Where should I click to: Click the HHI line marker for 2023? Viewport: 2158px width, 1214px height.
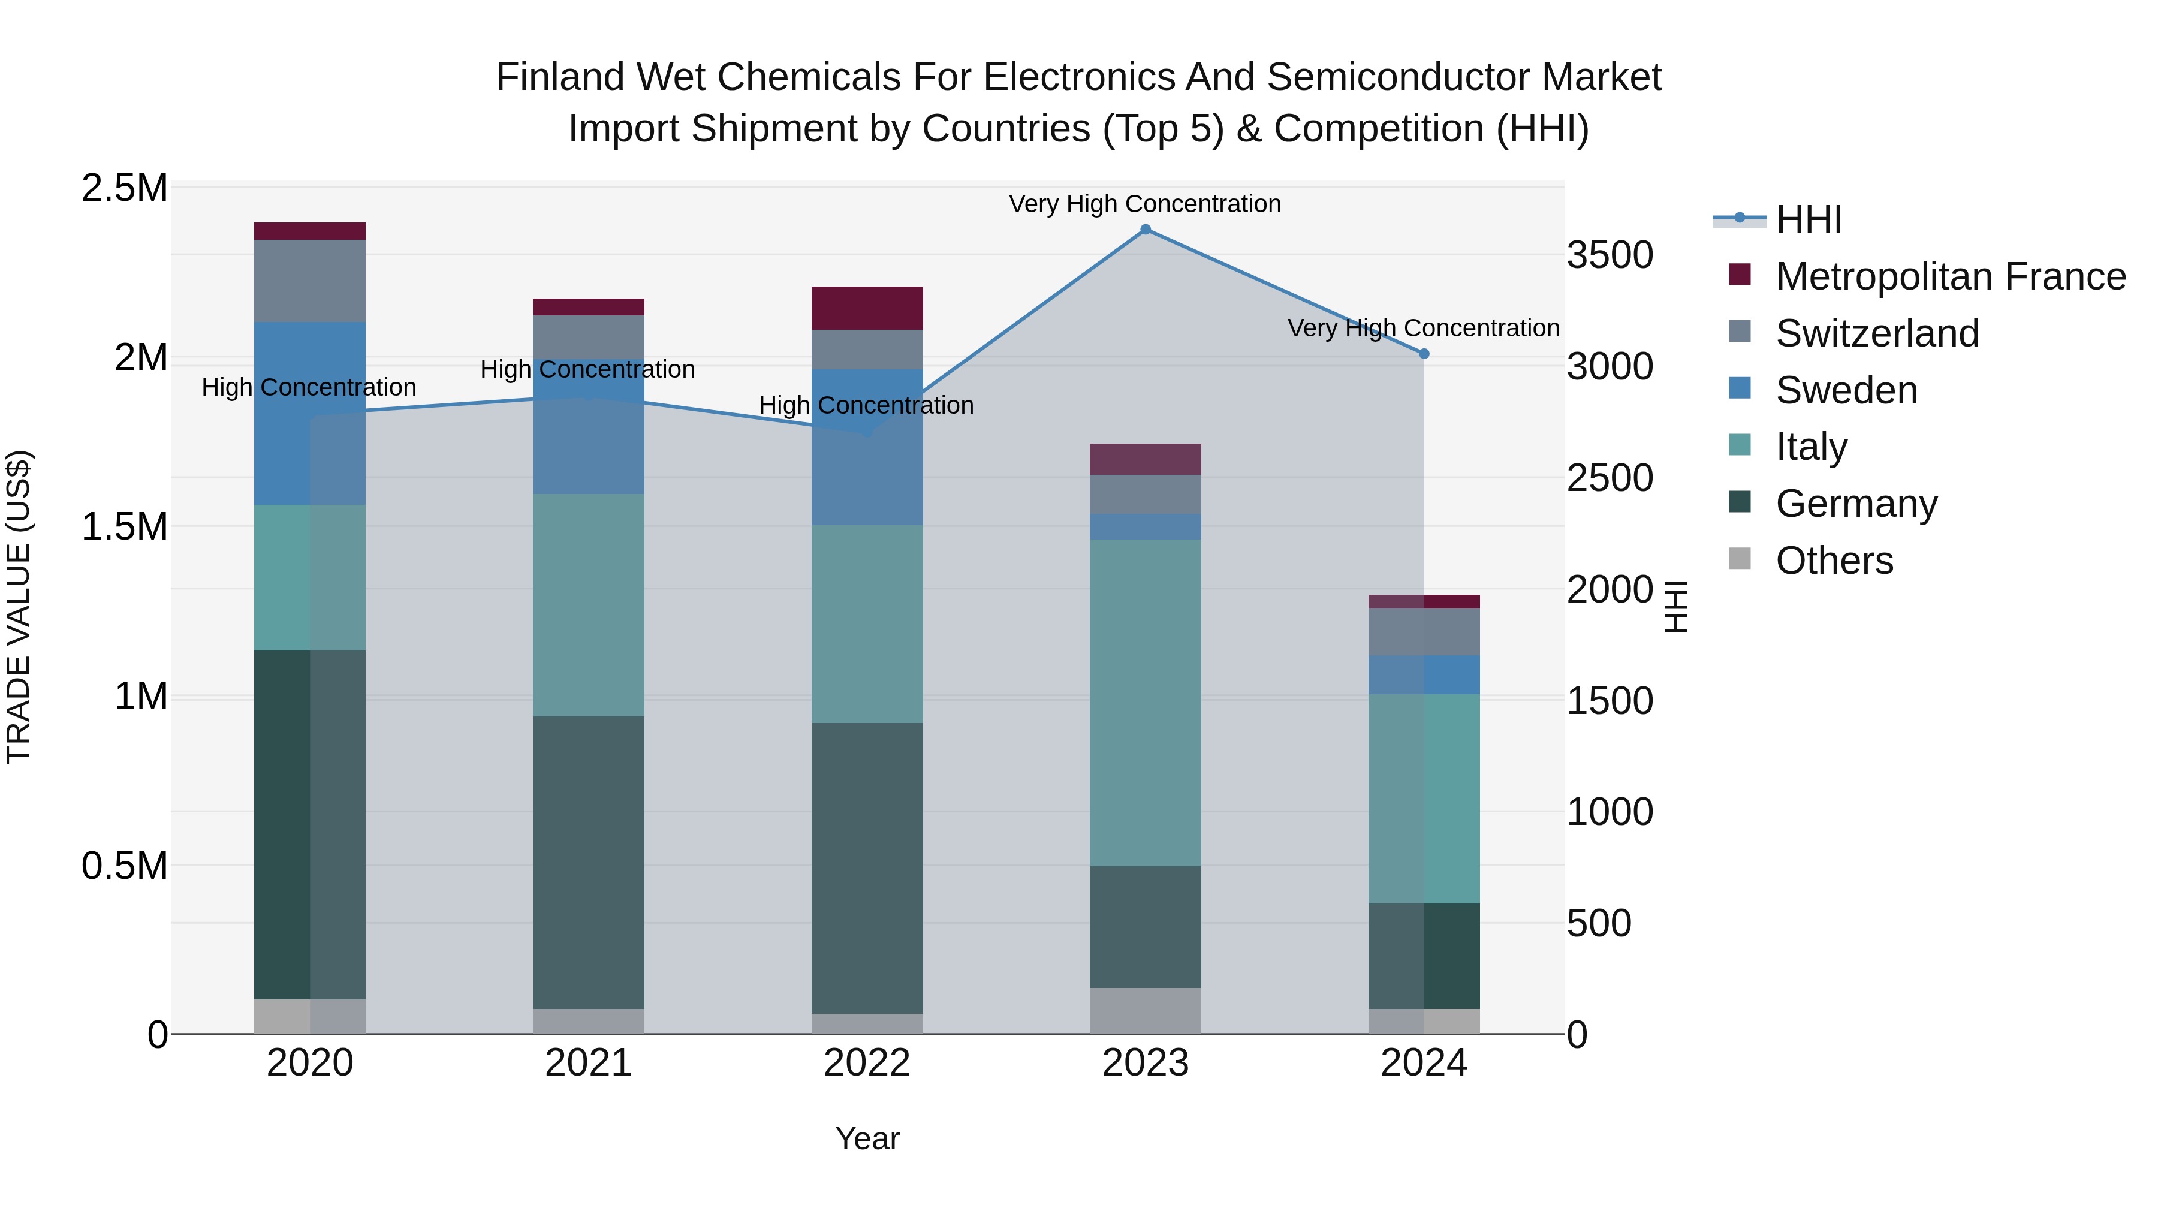tap(1145, 229)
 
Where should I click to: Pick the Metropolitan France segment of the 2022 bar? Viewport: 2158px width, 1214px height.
tap(867, 308)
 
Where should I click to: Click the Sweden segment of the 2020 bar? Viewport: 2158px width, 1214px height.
tap(309, 412)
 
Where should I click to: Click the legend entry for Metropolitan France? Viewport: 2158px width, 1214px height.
tap(1949, 276)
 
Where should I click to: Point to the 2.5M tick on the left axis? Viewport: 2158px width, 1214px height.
tap(124, 188)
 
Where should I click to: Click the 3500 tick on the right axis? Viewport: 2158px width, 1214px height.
tap(1610, 255)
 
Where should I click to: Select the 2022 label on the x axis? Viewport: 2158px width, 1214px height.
tap(867, 1063)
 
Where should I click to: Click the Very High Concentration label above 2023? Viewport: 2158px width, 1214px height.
tap(1144, 204)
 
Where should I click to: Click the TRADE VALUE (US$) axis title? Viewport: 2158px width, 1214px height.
tap(19, 607)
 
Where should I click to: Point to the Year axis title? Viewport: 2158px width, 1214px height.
tap(867, 1138)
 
